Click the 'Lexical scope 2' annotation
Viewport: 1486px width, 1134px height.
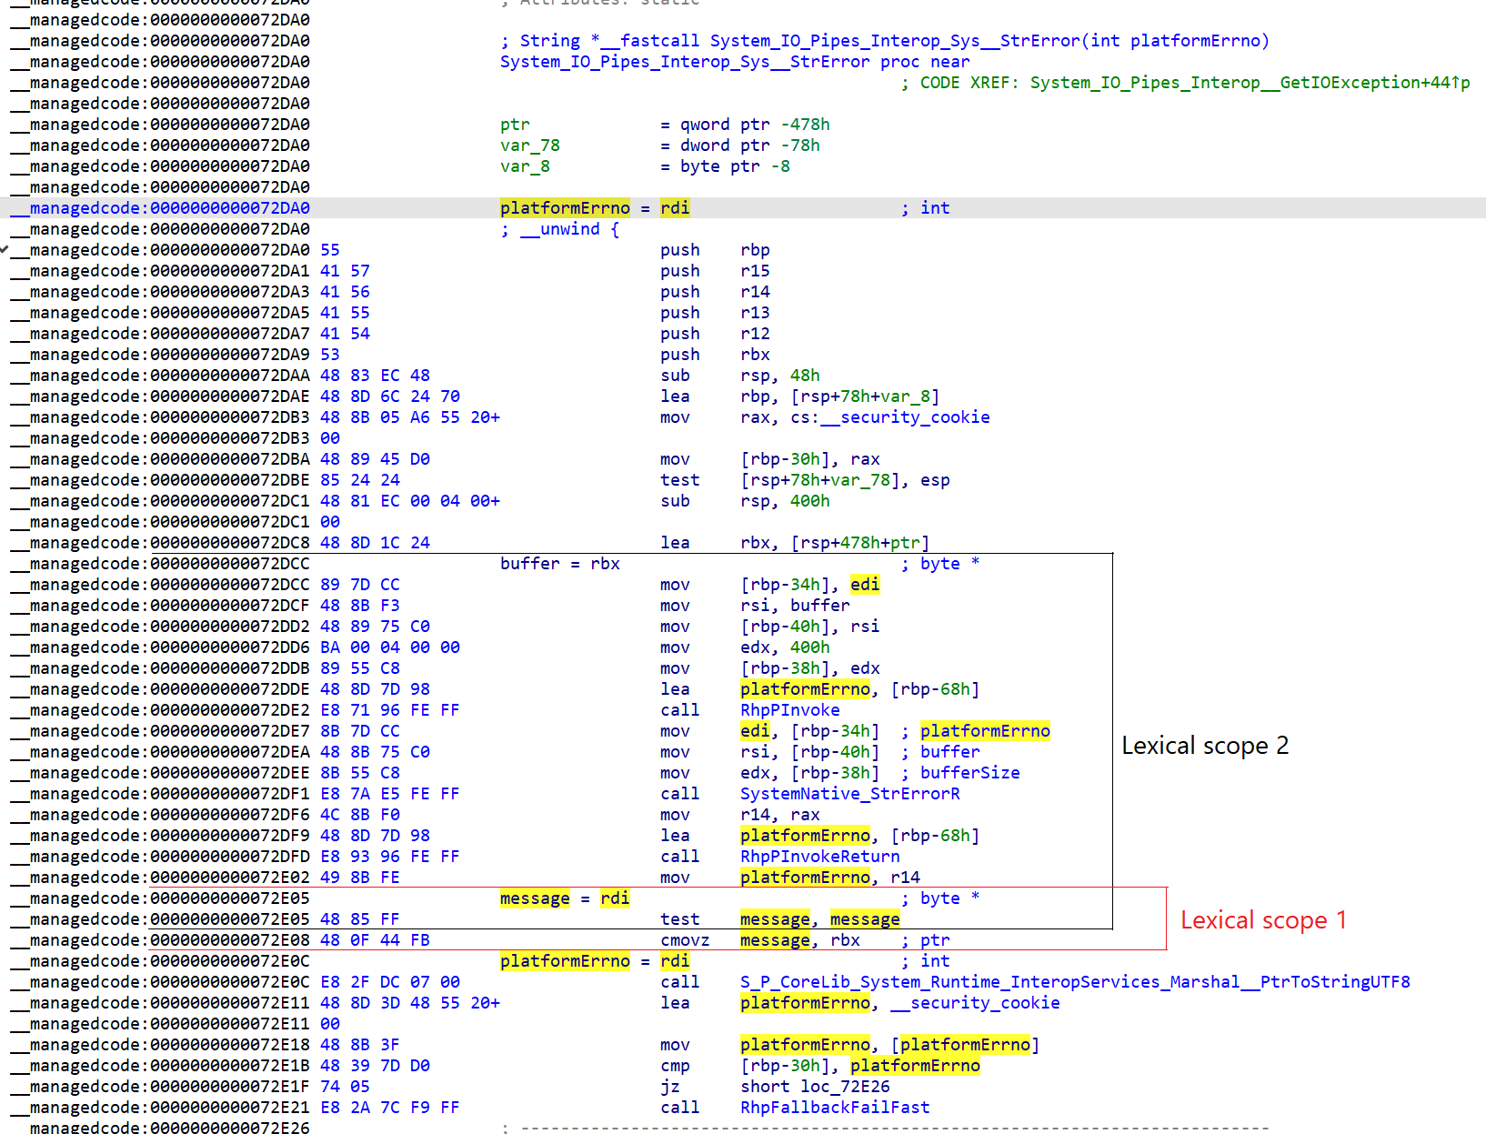[x=1204, y=746]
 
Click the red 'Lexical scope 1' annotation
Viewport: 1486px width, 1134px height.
[x=1262, y=920]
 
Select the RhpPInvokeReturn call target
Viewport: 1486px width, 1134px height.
[x=819, y=857]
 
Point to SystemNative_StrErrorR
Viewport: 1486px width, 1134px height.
[x=849, y=794]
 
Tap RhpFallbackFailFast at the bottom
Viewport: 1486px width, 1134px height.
[x=834, y=1108]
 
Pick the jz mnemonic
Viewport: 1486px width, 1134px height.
[x=670, y=1087]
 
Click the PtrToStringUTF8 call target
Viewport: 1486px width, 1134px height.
[x=1074, y=982]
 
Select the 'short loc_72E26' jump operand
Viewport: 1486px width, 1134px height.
[x=815, y=1087]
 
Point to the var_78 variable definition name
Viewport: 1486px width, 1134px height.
[x=529, y=146]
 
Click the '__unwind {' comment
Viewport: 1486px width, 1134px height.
[x=559, y=229]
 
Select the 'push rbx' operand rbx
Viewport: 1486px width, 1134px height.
[x=755, y=355]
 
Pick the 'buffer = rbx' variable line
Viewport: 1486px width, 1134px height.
[x=559, y=564]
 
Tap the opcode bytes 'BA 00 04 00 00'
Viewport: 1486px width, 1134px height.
[x=389, y=647]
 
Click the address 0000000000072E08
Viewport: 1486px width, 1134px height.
[x=229, y=940]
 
